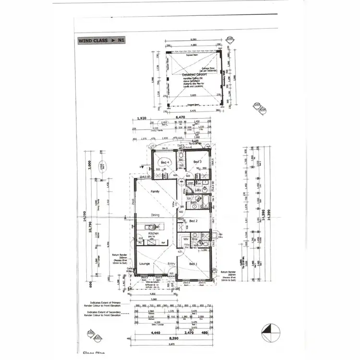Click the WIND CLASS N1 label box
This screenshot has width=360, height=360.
[x=101, y=41]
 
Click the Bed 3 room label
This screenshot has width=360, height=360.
[x=197, y=162]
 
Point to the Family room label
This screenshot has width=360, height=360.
[x=155, y=191]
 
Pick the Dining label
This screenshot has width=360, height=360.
[x=155, y=215]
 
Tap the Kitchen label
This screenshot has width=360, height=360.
[x=153, y=233]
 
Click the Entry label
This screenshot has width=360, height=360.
[x=171, y=264]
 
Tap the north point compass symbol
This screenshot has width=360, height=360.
[x=268, y=331]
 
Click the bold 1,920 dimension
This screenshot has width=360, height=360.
[x=141, y=117]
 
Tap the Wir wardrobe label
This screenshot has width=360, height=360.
[x=186, y=239]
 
